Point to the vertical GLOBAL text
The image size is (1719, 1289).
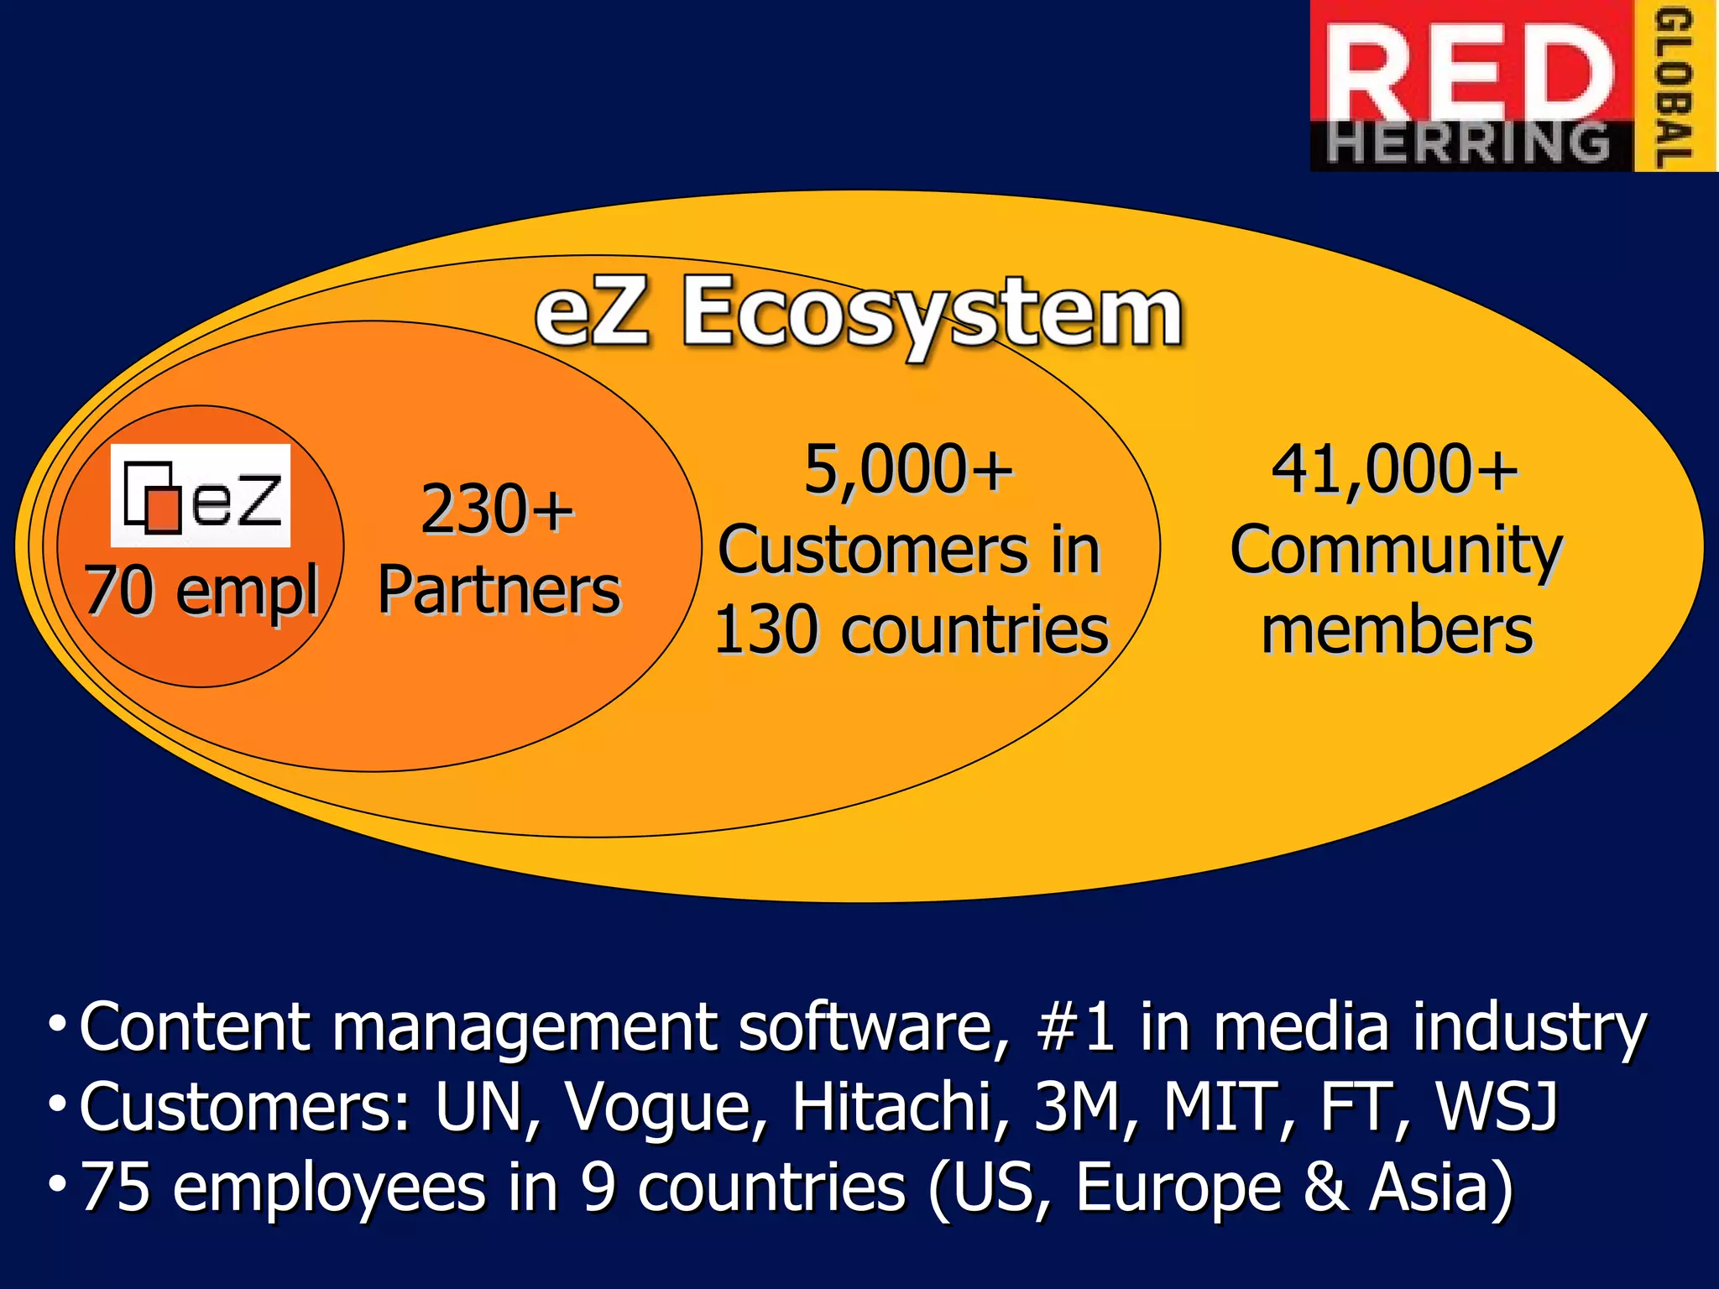1675,86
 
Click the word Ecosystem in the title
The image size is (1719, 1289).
932,314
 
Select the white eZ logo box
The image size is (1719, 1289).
201,496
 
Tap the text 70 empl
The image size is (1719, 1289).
201,590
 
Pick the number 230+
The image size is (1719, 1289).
497,509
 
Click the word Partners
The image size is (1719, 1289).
499,590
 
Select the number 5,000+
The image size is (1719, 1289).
908,469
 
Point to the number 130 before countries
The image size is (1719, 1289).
766,630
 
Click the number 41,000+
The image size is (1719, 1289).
1394,469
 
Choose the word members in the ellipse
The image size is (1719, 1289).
1398,630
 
